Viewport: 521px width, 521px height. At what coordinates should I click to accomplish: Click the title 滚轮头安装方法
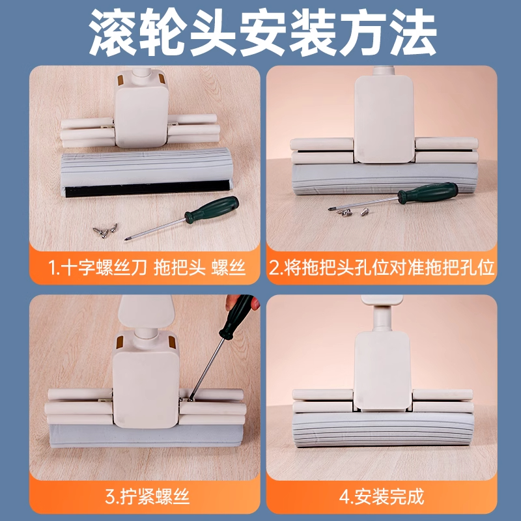pos(260,31)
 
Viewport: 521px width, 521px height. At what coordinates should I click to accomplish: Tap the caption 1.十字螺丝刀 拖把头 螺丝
pos(147,267)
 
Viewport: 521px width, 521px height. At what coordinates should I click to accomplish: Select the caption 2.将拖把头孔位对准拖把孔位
pos(382,267)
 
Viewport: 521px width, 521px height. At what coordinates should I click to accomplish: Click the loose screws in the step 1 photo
pos(106,228)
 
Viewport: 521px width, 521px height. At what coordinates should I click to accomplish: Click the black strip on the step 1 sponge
pos(147,189)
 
